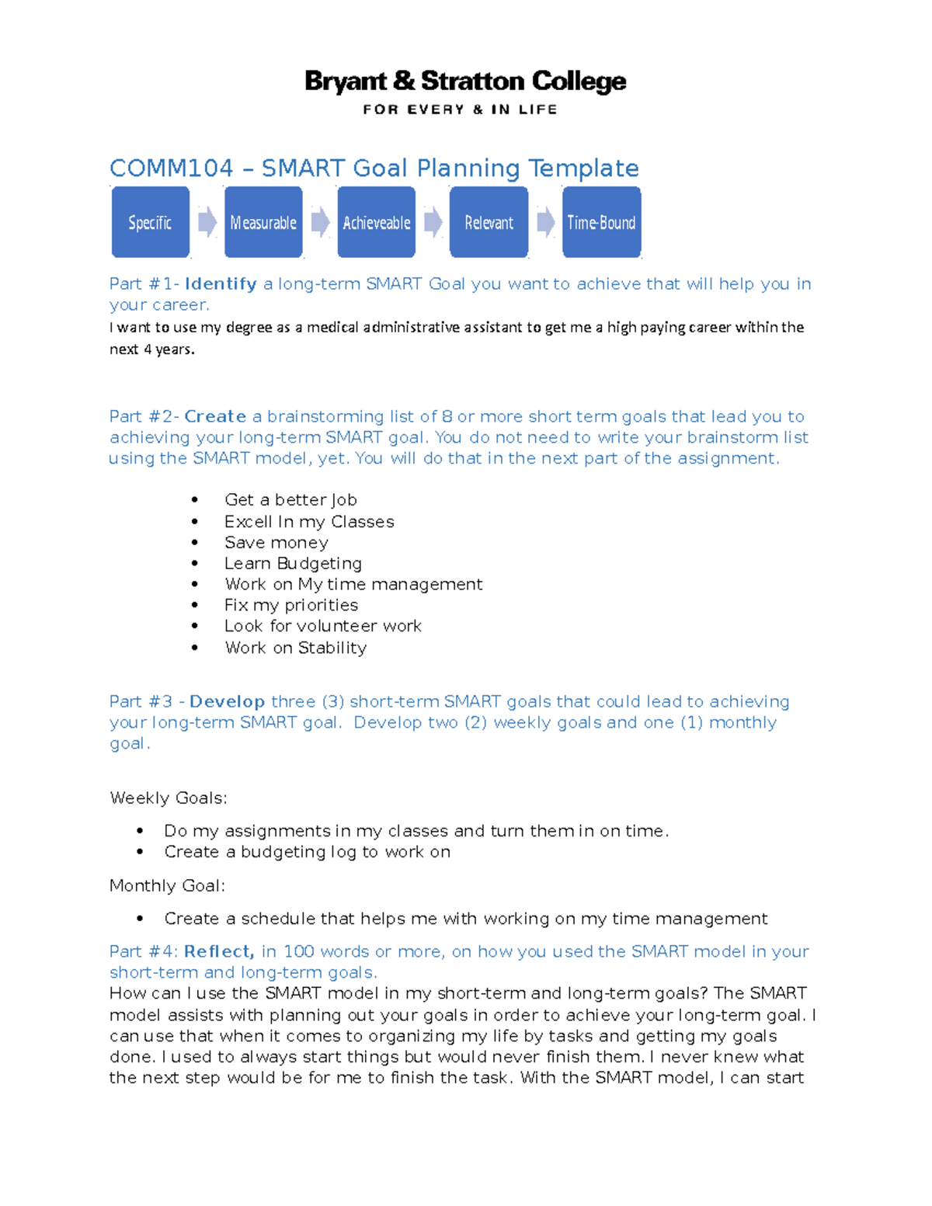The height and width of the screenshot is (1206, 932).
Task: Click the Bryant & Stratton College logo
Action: (x=465, y=82)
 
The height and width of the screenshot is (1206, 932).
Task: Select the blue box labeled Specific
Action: (x=150, y=222)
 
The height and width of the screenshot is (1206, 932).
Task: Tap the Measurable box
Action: (x=263, y=222)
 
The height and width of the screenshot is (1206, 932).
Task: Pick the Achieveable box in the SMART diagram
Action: (x=376, y=222)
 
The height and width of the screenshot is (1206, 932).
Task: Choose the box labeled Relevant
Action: (x=489, y=222)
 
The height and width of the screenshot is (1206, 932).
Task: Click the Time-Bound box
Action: (x=601, y=222)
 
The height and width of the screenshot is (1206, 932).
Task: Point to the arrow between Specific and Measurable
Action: (x=207, y=222)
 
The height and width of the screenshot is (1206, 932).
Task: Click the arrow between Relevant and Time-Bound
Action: (x=546, y=222)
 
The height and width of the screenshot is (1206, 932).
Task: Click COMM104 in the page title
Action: (x=171, y=169)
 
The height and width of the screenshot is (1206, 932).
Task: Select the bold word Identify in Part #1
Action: (x=221, y=284)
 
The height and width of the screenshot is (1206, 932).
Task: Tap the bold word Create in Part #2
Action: (x=215, y=417)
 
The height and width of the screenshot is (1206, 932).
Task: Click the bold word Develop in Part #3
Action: (x=227, y=702)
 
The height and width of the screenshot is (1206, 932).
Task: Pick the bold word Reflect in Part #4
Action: (x=219, y=952)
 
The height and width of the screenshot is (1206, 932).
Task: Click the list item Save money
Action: (x=276, y=543)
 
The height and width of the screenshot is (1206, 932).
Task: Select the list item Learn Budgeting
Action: (x=293, y=564)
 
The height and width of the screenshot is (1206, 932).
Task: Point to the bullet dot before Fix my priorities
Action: (x=195, y=605)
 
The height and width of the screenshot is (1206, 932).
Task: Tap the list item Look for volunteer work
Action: (x=323, y=626)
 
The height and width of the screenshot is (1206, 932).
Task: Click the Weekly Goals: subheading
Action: (x=169, y=798)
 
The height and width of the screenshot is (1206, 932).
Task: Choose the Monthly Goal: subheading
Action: (x=167, y=886)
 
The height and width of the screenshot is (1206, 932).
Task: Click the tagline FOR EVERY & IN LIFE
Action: (x=460, y=109)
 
